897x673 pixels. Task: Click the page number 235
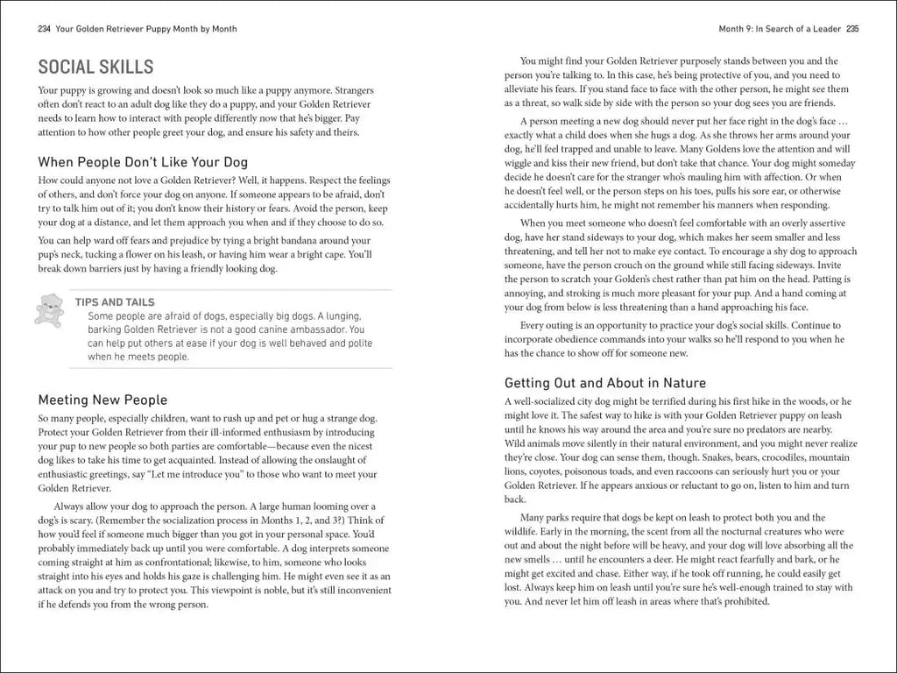coord(851,29)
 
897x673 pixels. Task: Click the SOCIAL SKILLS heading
coord(96,67)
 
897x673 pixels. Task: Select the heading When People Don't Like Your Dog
coord(143,161)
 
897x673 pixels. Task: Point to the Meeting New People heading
coord(103,400)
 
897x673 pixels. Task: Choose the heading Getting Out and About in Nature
coord(605,383)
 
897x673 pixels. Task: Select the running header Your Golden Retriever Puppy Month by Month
coord(146,29)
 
